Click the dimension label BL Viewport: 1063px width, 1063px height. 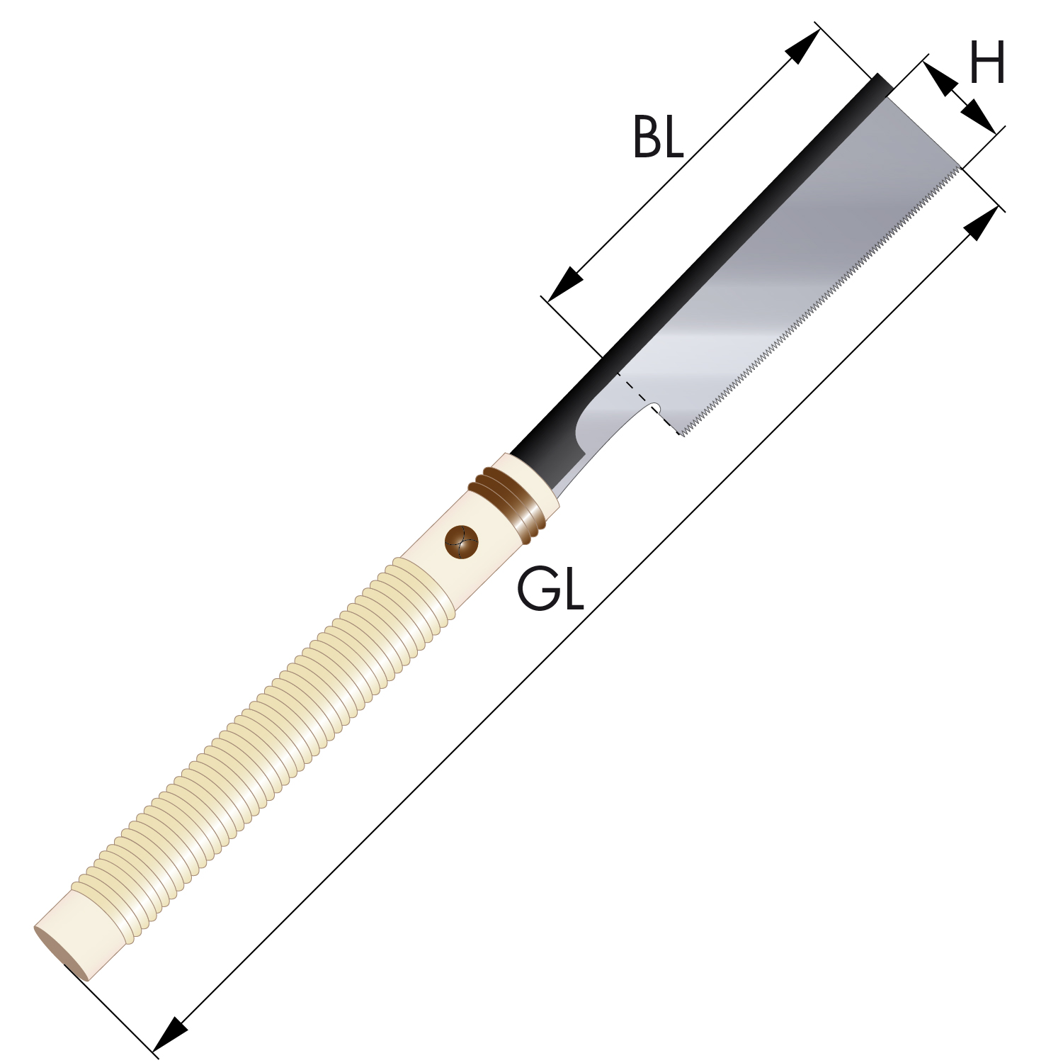pos(658,137)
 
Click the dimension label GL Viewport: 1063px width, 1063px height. pos(550,590)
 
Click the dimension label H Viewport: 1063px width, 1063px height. pos(987,62)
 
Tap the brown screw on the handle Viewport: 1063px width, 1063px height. pos(462,542)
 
